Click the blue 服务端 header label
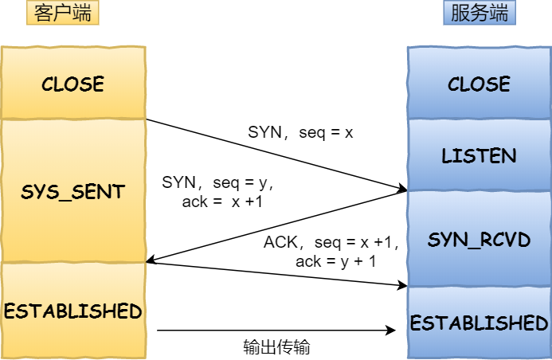click(x=479, y=14)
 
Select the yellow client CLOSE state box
click(x=72, y=84)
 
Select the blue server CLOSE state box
click(x=479, y=84)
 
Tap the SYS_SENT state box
click(x=72, y=192)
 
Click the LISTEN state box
click(x=479, y=155)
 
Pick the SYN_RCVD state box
click(x=479, y=239)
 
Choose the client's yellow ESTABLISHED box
click(x=72, y=311)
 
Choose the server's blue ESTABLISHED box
click(x=479, y=323)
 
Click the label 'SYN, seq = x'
click(x=300, y=133)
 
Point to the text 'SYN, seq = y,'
click(x=217, y=182)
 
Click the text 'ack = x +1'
click(x=222, y=202)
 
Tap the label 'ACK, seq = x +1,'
click(x=331, y=242)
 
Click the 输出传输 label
click(x=276, y=348)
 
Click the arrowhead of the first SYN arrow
click(x=401, y=190)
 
